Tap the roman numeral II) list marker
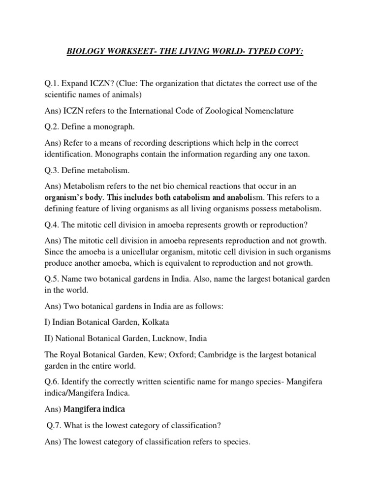pos(48,339)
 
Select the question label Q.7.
pos(55,426)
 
